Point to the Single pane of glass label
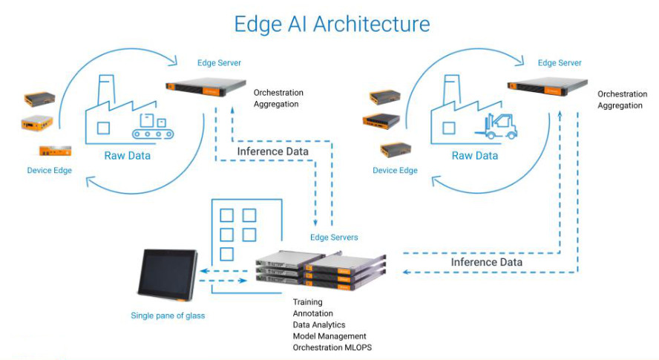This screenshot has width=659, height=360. pyautogui.click(x=169, y=315)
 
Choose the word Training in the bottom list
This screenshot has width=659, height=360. pyautogui.click(x=308, y=303)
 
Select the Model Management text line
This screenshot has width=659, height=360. pyautogui.click(x=329, y=336)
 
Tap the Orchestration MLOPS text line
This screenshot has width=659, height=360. pyautogui.click(x=332, y=347)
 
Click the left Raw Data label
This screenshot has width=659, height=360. pyautogui.click(x=127, y=156)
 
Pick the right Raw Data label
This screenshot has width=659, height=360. pyautogui.click(x=475, y=156)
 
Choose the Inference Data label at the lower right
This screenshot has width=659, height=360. pyautogui.click(x=487, y=262)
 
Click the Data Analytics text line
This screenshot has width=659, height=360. pyautogui.click(x=319, y=325)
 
